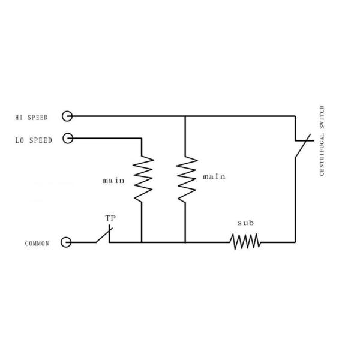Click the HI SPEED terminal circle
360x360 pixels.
67,116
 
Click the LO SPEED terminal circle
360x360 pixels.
67,139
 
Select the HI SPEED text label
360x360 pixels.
31,117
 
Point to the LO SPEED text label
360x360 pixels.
34,140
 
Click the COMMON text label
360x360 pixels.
37,244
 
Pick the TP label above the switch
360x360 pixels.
110,218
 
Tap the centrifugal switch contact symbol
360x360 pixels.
301,145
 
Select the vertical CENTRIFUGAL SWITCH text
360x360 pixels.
323,140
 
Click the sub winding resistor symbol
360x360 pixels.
245,242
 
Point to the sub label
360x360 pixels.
245,223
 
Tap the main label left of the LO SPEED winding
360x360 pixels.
113,179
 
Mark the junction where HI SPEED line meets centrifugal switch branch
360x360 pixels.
296,116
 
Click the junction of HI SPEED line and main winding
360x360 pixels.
185,116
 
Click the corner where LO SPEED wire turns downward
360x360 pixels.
142,139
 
